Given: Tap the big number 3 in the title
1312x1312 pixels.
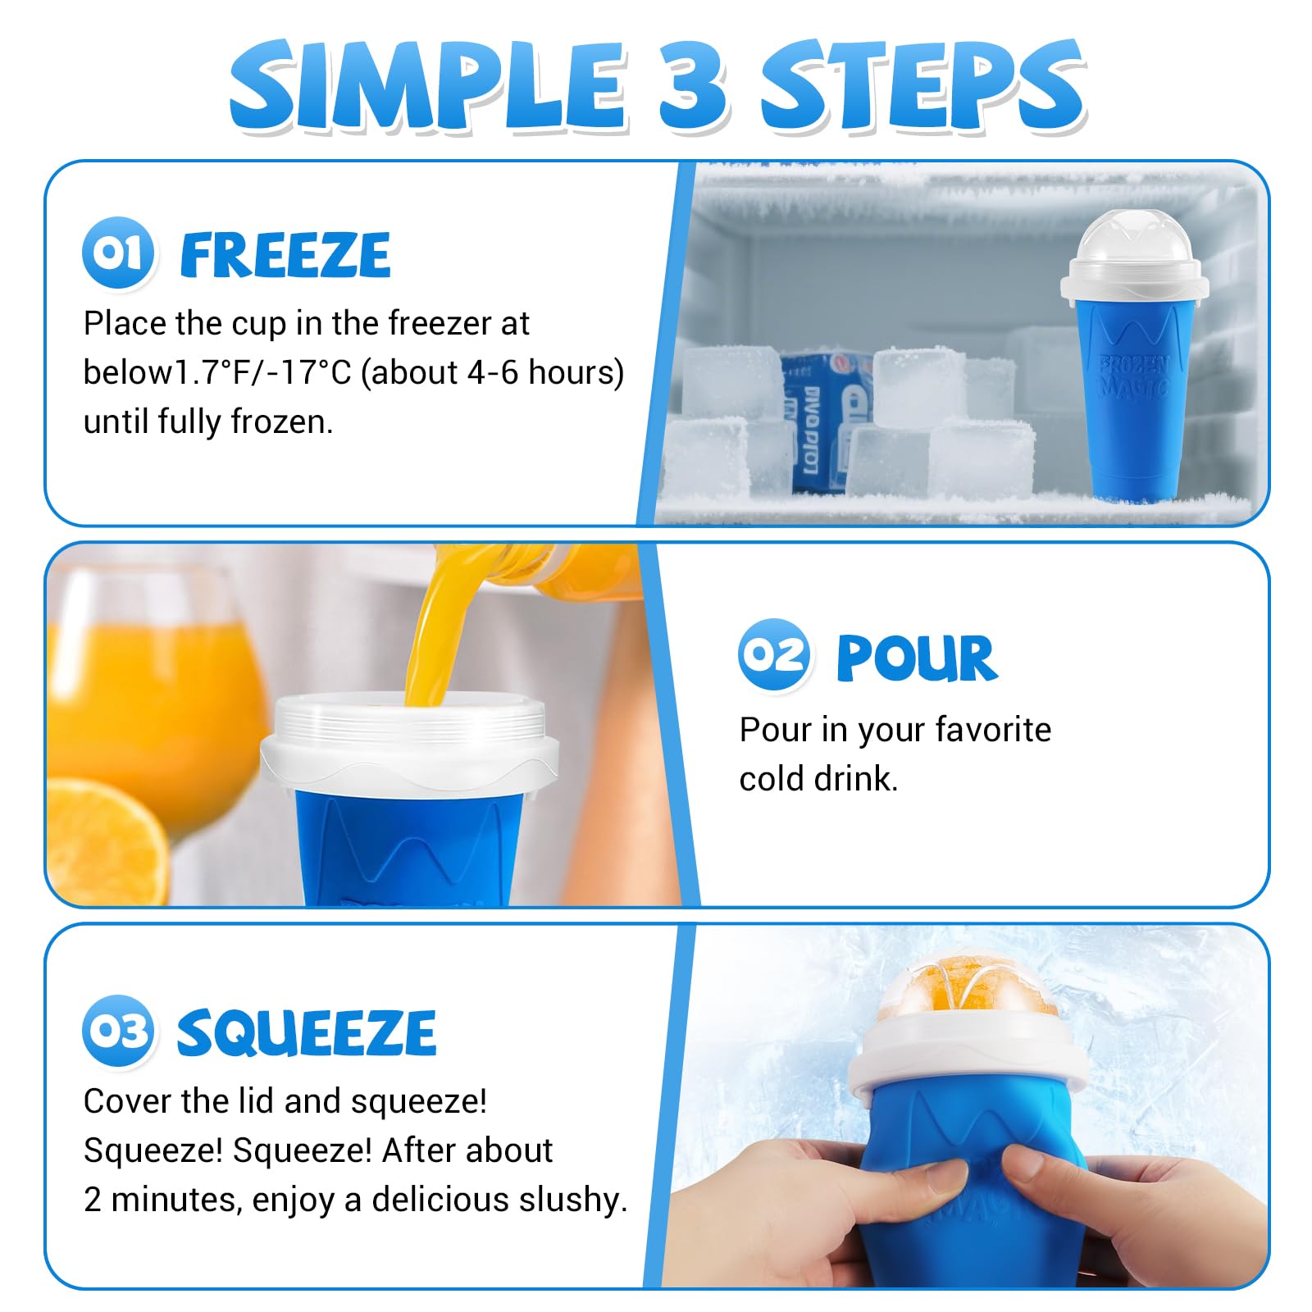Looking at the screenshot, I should click(x=693, y=86).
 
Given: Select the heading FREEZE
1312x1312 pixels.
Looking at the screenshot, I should click(x=285, y=255).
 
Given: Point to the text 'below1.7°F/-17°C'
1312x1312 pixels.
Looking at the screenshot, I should click(x=217, y=373).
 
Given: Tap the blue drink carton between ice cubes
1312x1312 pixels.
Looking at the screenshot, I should click(x=820, y=418).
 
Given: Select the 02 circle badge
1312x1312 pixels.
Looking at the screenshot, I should click(x=774, y=655).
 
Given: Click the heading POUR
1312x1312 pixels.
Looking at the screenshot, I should click(x=916, y=658).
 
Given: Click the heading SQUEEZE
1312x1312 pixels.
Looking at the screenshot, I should click(x=306, y=1032).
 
